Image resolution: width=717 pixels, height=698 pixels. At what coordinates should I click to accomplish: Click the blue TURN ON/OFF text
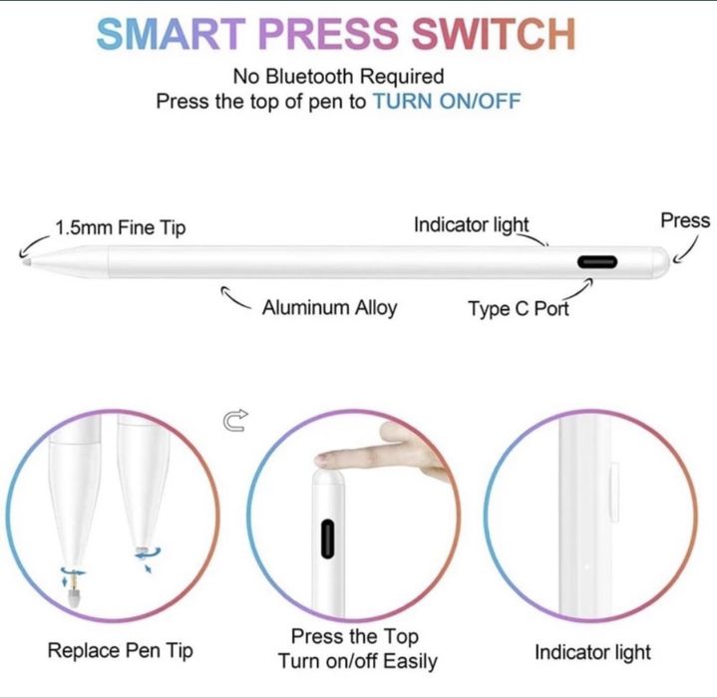click(446, 102)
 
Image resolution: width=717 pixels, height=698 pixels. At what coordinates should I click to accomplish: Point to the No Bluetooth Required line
click(338, 77)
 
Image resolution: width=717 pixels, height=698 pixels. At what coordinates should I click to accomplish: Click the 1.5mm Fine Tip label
click(120, 227)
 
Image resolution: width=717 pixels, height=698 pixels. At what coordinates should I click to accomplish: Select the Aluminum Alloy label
click(329, 308)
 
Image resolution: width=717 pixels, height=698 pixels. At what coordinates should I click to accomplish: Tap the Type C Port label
click(518, 309)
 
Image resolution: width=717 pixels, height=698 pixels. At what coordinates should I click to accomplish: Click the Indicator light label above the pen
click(471, 225)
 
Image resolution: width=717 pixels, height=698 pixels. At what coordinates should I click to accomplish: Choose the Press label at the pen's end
click(685, 221)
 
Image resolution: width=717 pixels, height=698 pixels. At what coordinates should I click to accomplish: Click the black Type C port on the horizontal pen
click(597, 262)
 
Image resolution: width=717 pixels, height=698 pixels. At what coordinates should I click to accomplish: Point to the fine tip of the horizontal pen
click(26, 262)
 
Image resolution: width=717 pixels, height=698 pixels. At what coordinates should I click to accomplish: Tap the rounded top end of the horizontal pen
click(659, 262)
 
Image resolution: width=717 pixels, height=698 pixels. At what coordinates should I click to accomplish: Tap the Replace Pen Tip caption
click(121, 652)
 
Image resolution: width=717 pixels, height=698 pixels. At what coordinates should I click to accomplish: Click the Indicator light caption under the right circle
click(592, 653)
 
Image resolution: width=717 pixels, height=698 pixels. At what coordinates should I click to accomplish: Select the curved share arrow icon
click(235, 423)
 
